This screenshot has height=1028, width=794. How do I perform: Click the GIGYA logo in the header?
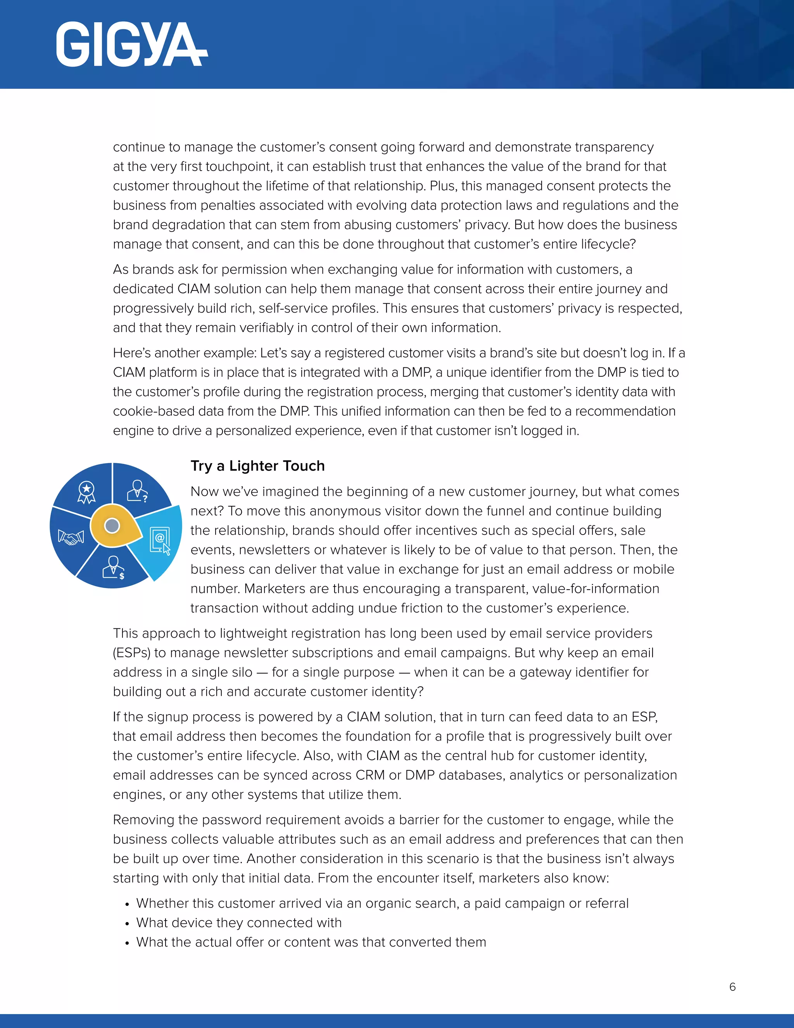131,45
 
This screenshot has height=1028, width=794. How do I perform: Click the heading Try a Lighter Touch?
257,466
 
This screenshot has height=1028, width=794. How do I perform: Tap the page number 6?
732,986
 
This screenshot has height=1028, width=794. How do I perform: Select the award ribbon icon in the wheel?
86,492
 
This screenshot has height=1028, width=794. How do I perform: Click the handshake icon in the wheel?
71,537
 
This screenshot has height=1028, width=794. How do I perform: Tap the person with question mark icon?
138,491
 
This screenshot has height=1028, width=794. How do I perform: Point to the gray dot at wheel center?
112,525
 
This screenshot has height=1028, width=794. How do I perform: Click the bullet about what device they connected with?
239,922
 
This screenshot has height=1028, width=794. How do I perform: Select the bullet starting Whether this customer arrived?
382,903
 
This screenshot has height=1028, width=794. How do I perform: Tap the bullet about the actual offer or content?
311,942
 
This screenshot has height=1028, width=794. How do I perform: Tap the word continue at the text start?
139,147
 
